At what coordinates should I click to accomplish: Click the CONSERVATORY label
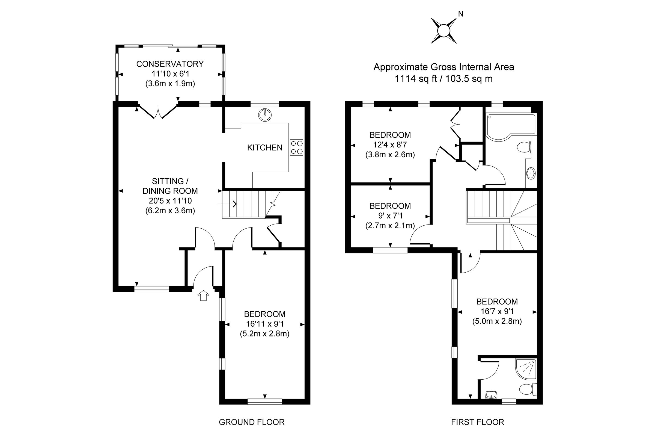pyautogui.click(x=170, y=64)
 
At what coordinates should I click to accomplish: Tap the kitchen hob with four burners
pyautogui.click(x=296, y=147)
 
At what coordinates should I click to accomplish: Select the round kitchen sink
pyautogui.click(x=265, y=114)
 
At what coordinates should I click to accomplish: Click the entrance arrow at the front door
pyautogui.click(x=203, y=295)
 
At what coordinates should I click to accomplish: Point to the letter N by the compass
pyautogui.click(x=461, y=14)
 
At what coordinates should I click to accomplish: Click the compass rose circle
pyautogui.click(x=444, y=30)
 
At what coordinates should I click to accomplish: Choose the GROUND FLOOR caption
pyautogui.click(x=251, y=422)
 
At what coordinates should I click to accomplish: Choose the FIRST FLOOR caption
pyautogui.click(x=477, y=422)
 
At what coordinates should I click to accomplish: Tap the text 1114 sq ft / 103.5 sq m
pyautogui.click(x=444, y=79)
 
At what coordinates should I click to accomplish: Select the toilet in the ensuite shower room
pyautogui.click(x=527, y=389)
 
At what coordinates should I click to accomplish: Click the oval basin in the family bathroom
pyautogui.click(x=531, y=173)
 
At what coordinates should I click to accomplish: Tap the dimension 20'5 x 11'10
pyautogui.click(x=170, y=201)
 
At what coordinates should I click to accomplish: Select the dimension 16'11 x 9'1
pyautogui.click(x=264, y=324)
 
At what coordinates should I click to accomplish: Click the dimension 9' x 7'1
pyautogui.click(x=390, y=216)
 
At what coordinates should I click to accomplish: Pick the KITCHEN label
pyautogui.click(x=264, y=148)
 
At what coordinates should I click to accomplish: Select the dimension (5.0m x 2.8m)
pyautogui.click(x=497, y=321)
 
